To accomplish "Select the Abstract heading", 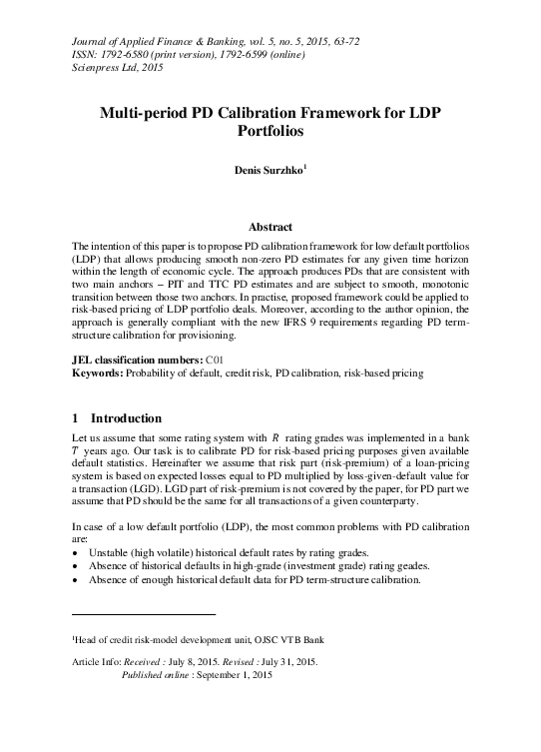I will click(x=270, y=227).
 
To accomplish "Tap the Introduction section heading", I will click(x=126, y=417).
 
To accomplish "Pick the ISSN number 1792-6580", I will click(x=111, y=54).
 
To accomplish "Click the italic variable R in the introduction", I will click(x=275, y=438).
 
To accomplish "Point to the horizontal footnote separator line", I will click(x=144, y=613).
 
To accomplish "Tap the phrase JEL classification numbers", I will click(x=135, y=359).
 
